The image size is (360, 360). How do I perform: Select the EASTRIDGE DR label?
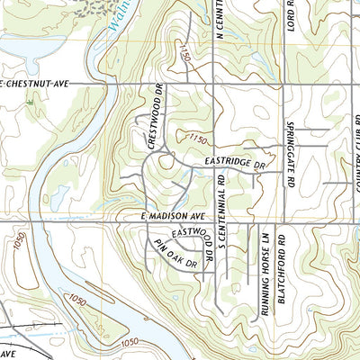tap(236, 165)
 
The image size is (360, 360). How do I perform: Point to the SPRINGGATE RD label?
tap(291, 148)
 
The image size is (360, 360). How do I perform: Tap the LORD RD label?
tap(291, 16)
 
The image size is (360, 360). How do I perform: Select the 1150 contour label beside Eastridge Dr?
tap(199, 140)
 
